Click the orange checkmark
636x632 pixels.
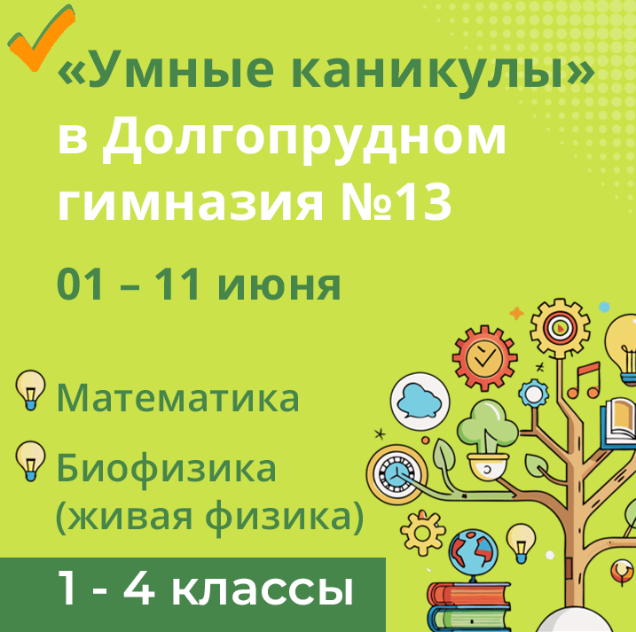[40, 40]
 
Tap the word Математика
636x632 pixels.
[178, 398]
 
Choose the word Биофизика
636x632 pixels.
[167, 467]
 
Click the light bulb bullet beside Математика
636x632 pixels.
[31, 391]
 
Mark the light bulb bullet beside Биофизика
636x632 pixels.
[31, 460]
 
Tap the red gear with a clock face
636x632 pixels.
[483, 358]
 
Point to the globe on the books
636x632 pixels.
[466, 554]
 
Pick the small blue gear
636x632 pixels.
[533, 392]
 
